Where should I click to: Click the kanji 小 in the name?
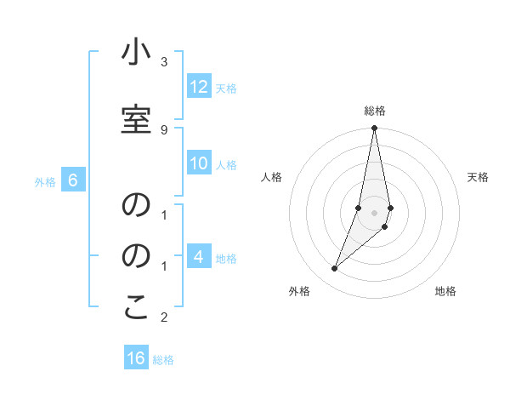[136, 53]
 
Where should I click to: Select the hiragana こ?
[136, 308]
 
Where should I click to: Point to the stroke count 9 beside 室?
[164, 129]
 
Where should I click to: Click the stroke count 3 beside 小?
[164, 62]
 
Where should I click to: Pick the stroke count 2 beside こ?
[164, 317]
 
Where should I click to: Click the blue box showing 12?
[199, 87]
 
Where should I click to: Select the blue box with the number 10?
[199, 164]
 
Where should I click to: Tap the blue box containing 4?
[199, 257]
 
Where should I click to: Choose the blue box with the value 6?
[73, 180]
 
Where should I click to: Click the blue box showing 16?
[136, 358]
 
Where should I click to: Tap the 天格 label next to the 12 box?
[226, 88]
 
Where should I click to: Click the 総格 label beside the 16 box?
[163, 359]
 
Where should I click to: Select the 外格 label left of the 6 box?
[45, 181]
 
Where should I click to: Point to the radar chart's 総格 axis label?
[375, 111]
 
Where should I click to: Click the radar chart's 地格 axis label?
[445, 291]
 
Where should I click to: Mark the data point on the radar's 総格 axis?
[375, 129]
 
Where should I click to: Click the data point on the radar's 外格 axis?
[334, 269]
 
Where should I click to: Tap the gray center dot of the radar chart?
[375, 213]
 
